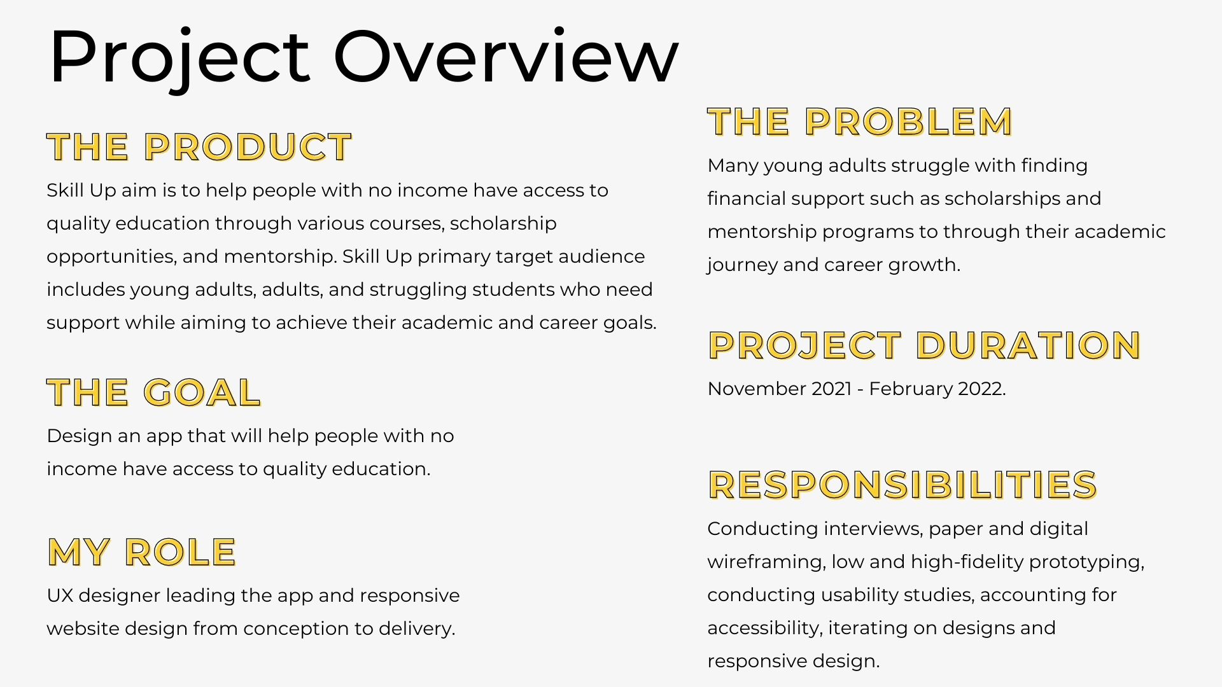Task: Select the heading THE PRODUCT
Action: pos(199,147)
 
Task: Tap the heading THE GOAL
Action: pos(153,392)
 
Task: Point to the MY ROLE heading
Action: pos(142,552)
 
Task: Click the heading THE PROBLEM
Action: pos(860,122)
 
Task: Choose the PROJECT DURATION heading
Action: pos(924,345)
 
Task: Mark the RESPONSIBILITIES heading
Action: pos(902,485)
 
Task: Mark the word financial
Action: pos(747,198)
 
